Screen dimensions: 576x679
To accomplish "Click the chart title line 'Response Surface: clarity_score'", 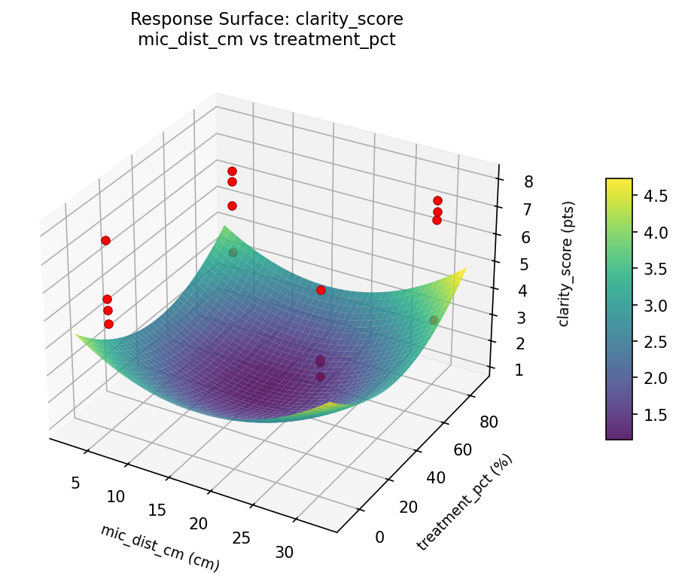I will (x=266, y=19).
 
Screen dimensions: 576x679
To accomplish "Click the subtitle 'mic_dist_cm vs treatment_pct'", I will (x=266, y=40).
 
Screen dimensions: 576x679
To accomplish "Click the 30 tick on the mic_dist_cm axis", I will (x=284, y=553).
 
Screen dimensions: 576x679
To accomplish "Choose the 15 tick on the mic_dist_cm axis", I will (x=157, y=510).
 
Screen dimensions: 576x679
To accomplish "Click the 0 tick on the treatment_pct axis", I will (x=379, y=536).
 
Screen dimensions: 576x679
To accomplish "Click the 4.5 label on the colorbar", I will (x=653, y=196).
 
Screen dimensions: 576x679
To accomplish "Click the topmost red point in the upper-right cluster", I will (x=437, y=200).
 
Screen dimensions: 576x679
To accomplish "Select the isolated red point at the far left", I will (x=105, y=240).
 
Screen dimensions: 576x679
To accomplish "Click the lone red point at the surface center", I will (x=321, y=290).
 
